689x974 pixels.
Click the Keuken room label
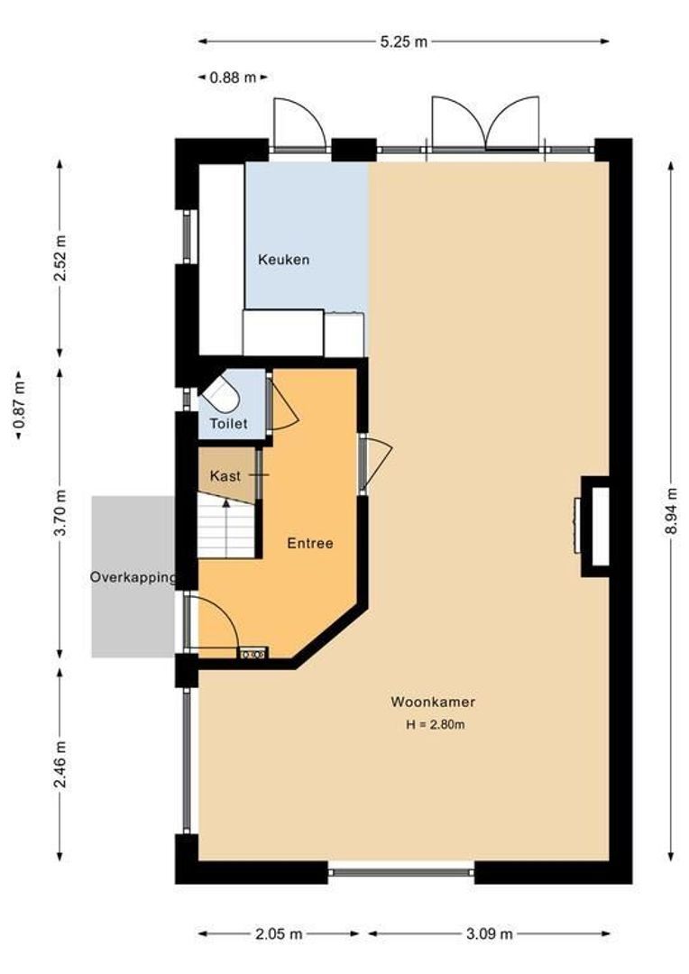[283, 260]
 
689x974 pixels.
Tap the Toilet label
[229, 424]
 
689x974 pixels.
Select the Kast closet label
[225, 476]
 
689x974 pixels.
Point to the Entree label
[310, 544]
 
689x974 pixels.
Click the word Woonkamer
[433, 702]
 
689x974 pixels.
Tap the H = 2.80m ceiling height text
[436, 724]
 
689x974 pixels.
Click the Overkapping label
[133, 578]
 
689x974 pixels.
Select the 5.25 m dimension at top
[404, 41]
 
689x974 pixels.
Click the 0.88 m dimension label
[233, 78]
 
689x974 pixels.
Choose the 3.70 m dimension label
[60, 513]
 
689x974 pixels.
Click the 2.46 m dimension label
[60, 764]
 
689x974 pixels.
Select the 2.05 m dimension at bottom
[279, 933]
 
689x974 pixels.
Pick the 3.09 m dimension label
[490, 933]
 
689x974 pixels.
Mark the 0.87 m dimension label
[19, 404]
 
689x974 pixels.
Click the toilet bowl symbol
[221, 393]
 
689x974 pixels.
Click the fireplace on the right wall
[594, 526]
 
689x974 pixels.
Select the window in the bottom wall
[400, 872]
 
